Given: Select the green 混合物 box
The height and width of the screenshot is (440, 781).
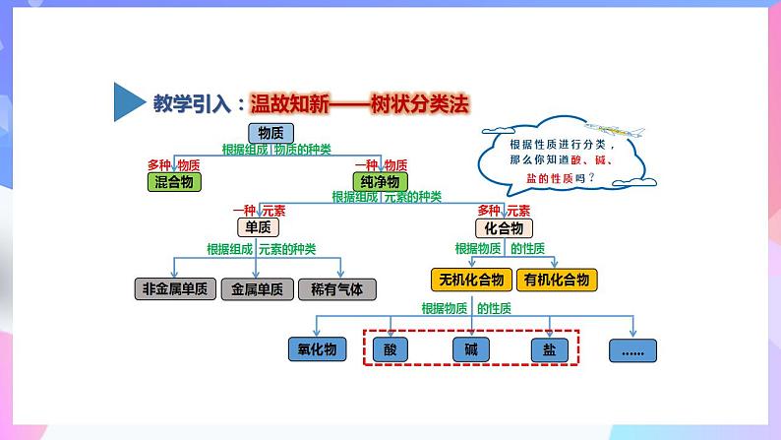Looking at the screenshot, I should pos(173,182).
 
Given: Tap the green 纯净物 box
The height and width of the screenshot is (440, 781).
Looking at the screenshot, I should pos(379,182).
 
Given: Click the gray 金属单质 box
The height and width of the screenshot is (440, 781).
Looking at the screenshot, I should pos(258,289).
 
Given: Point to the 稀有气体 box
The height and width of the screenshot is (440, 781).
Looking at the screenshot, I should pos(336,289).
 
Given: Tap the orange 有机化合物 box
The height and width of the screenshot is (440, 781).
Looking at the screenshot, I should pos(557,280).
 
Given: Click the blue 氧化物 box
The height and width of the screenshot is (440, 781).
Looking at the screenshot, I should pos(318,348).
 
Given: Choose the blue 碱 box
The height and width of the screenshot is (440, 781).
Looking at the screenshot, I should pos(470,348).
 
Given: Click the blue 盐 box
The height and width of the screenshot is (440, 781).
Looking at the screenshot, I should pos(549,348).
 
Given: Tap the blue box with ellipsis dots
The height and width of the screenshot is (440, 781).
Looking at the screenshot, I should pos(632,349).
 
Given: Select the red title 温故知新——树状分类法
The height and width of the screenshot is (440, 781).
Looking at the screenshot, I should pos(359,102).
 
